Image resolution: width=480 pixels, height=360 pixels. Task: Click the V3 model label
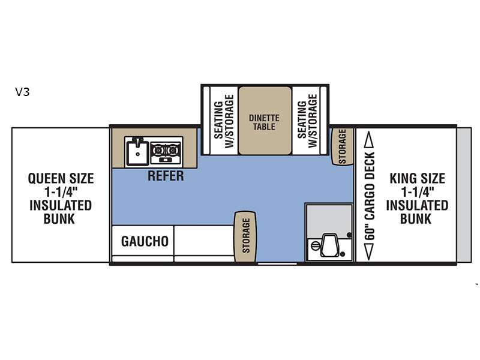pyautogui.click(x=22, y=92)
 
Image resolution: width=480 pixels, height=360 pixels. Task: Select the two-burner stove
pyautogui.click(x=166, y=152)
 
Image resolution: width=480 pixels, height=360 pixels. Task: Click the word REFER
pyautogui.click(x=166, y=176)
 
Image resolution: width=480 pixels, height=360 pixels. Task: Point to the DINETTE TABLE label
pyautogui.click(x=264, y=122)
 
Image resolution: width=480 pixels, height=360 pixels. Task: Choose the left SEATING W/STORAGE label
pyautogui.click(x=224, y=121)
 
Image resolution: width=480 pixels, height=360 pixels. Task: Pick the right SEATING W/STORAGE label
pyautogui.click(x=307, y=121)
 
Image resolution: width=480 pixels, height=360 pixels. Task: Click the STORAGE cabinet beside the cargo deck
pyautogui.click(x=342, y=146)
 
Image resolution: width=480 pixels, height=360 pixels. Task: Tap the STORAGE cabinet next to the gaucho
pyautogui.click(x=245, y=236)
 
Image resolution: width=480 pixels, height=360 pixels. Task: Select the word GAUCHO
pyautogui.click(x=145, y=242)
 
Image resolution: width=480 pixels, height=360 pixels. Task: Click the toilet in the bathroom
pyautogui.click(x=329, y=245)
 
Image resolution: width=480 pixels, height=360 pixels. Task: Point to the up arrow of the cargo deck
pyautogui.click(x=369, y=140)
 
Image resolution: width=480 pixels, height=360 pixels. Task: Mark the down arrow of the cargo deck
pyautogui.click(x=369, y=251)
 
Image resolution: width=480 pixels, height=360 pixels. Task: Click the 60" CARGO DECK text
pyautogui.click(x=370, y=196)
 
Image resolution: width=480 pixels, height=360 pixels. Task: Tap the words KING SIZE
pyautogui.click(x=417, y=178)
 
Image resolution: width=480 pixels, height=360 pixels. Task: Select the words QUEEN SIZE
pyautogui.click(x=61, y=178)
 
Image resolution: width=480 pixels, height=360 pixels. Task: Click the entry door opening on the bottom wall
pyautogui.click(x=277, y=263)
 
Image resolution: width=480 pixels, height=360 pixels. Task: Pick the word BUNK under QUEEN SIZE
pyautogui.click(x=59, y=219)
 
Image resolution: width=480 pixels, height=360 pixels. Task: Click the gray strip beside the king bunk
pyautogui.click(x=464, y=195)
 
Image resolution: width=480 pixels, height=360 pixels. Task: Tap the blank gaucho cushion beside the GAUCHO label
pyautogui.click(x=204, y=241)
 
